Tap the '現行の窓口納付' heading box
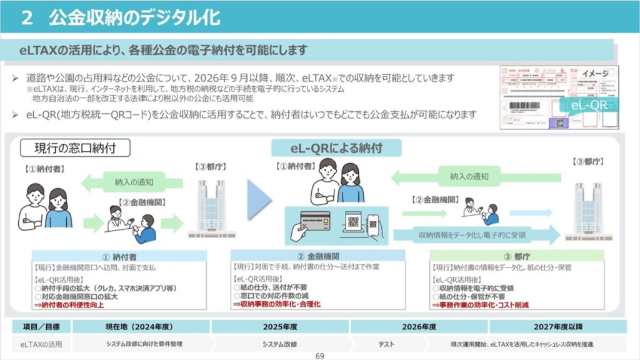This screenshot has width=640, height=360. pos(75,148)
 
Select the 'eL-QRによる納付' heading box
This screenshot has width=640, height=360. pos(336,148)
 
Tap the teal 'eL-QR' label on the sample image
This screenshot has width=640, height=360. pos(589,105)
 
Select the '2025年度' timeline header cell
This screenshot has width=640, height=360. pos(280,327)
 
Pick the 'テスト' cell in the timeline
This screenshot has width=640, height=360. pos(386,344)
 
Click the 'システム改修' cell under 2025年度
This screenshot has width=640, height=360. pos(280,344)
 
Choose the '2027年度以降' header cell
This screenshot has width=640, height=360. pos(557,327)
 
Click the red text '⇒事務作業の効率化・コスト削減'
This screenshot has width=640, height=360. pos(481,305)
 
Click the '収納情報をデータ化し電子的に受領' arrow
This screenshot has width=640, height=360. pos(475,235)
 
